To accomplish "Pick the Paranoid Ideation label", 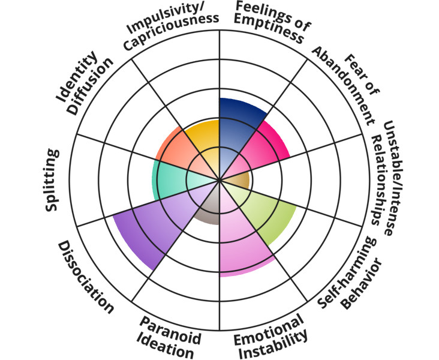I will tap(168, 336).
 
